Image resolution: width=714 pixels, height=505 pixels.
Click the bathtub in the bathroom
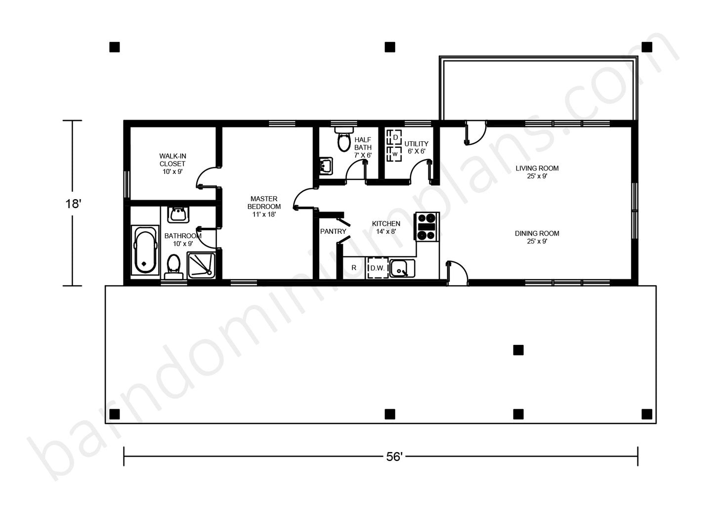(x=145, y=250)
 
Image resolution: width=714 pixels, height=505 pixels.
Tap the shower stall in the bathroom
(x=201, y=265)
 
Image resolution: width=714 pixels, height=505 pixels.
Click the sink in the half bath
(x=326, y=166)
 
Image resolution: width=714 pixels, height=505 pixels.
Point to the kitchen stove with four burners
(x=426, y=227)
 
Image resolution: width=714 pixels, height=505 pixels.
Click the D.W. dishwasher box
(x=378, y=268)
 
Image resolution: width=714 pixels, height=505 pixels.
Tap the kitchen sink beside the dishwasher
(x=402, y=268)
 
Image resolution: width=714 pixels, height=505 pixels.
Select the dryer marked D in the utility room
(x=394, y=137)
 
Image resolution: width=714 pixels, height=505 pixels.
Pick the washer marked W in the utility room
(x=394, y=154)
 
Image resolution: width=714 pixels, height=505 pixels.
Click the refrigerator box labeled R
(x=354, y=268)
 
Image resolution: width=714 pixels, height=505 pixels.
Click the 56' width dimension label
(x=394, y=457)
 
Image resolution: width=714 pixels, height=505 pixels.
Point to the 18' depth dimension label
(x=73, y=204)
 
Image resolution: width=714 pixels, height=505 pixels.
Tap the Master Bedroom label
(x=264, y=206)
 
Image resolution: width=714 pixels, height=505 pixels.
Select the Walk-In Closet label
(x=172, y=164)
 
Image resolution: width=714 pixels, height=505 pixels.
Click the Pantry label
(x=333, y=231)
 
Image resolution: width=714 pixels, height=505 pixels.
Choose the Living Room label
(x=537, y=172)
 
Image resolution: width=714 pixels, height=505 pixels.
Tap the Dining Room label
(x=537, y=237)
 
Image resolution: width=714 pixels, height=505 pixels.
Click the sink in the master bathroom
(x=178, y=214)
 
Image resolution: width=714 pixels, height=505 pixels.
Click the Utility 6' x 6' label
(x=416, y=147)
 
